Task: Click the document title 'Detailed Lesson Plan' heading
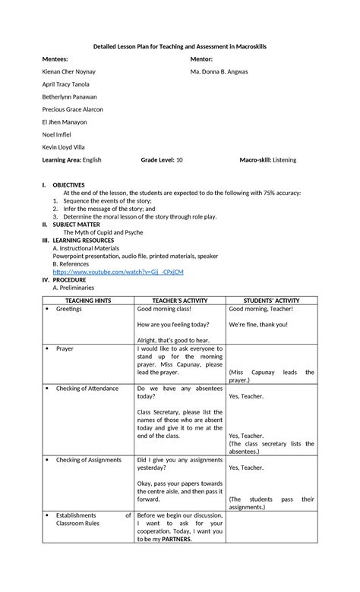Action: pos(180,46)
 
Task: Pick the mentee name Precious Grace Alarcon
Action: pos(72,109)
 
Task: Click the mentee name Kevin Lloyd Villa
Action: pos(65,147)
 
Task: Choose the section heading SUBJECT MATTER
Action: pos(75,224)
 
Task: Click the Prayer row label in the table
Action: pos(66,348)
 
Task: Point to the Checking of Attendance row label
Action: pos(87,388)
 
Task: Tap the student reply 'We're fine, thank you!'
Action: pos(258,324)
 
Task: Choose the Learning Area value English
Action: pos(87,160)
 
